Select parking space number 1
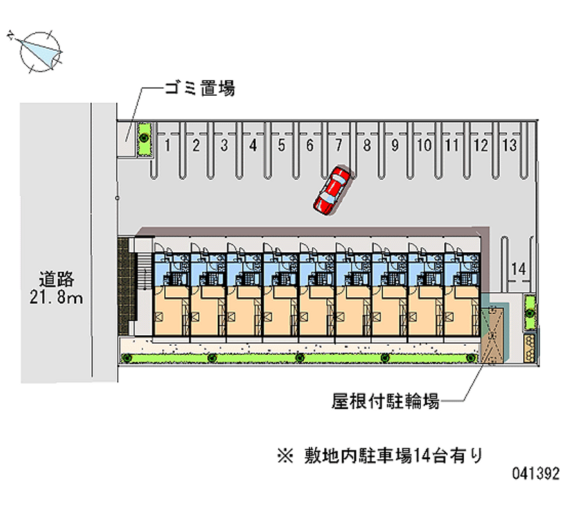(168, 146)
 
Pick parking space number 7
(338, 146)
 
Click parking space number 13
(510, 146)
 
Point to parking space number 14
(518, 269)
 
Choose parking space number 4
(252, 146)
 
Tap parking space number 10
(424, 146)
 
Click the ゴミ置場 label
(199, 89)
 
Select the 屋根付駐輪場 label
(386, 402)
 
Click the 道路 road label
(56, 277)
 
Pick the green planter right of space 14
(529, 313)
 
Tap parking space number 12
(481, 146)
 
